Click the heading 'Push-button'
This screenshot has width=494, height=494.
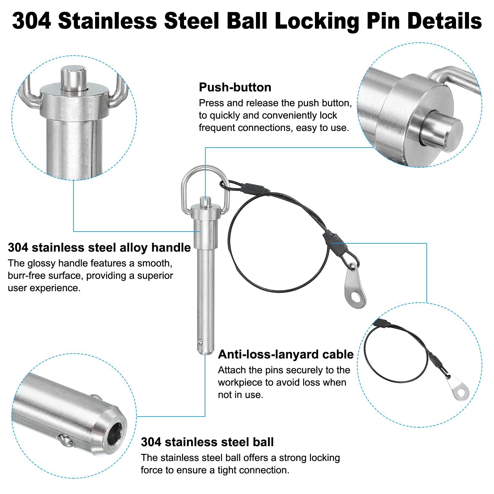(235, 87)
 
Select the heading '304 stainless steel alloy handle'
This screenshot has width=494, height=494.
(99, 248)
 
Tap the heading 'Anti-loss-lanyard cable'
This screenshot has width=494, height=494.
(286, 354)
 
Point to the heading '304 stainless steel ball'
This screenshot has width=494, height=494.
(207, 442)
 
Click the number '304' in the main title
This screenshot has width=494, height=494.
(31, 21)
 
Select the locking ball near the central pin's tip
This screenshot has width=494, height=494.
(200, 342)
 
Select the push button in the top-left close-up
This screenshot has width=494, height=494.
(73, 78)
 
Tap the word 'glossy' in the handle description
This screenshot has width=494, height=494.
(42, 263)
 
